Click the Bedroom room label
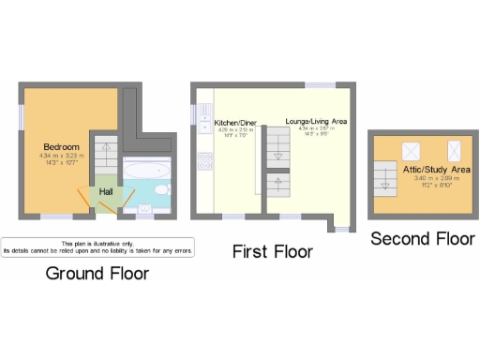pyautogui.click(x=61, y=148)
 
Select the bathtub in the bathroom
pyautogui.click(x=147, y=172)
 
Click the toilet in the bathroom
pyautogui.click(x=161, y=191)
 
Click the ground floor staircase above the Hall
pyautogui.click(x=106, y=156)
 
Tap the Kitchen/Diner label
pyautogui.click(x=234, y=123)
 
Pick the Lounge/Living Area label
pyautogui.click(x=316, y=123)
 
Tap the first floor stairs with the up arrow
pyautogui.click(x=277, y=186)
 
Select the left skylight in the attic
pyautogui.click(x=411, y=151)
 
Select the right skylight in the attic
pyautogui.click(x=455, y=150)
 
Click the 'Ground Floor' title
pyautogui.click(x=97, y=274)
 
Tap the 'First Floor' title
pyautogui.click(x=273, y=251)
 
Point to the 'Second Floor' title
pyautogui.click(x=421, y=238)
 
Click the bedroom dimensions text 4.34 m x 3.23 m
pyautogui.click(x=61, y=157)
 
